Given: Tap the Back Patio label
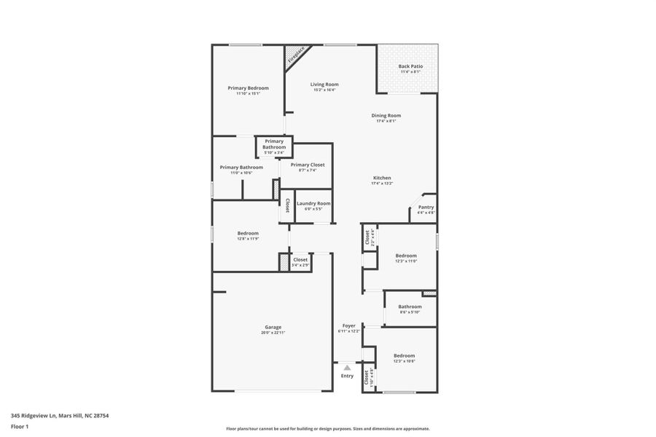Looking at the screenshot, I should coord(410,66).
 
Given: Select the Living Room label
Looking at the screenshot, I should coord(324,84).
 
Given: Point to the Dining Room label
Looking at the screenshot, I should coord(386,115).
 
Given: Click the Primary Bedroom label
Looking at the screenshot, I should coord(248,87).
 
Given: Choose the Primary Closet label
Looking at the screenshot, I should coord(308,165).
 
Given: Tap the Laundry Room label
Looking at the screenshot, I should coord(313,203).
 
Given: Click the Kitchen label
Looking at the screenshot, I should coord(382,178).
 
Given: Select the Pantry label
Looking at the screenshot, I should coord(426,208).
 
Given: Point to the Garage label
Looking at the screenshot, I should coord(273,327).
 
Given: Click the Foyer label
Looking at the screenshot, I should coord(349,326).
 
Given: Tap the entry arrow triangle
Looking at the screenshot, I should coord(347,368).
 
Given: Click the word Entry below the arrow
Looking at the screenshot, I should coord(347,376).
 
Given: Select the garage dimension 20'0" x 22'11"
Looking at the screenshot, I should coord(273,333).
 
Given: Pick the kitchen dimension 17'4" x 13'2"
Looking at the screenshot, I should coord(382,184).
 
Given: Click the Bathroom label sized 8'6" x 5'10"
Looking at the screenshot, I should coord(410,307).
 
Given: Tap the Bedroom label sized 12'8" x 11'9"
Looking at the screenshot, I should coord(248,233).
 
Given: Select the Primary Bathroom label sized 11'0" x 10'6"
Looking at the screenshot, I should coord(241,168).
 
